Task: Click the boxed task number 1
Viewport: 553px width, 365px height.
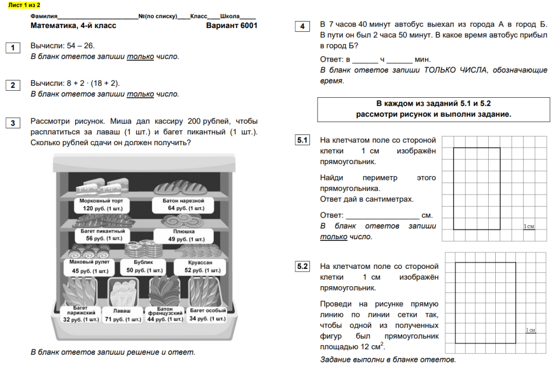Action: (12, 48)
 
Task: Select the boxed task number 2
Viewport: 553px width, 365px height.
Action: (12, 85)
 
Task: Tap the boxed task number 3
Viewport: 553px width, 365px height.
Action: (12, 123)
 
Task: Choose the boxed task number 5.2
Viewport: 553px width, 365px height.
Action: (302, 266)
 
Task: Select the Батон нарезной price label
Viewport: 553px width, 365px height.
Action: (178, 204)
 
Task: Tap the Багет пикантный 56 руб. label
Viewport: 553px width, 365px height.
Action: (99, 234)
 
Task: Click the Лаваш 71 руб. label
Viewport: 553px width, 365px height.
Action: (122, 315)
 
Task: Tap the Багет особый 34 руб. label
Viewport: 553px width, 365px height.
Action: (208, 314)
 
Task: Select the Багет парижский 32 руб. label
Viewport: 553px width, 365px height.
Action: (81, 314)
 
